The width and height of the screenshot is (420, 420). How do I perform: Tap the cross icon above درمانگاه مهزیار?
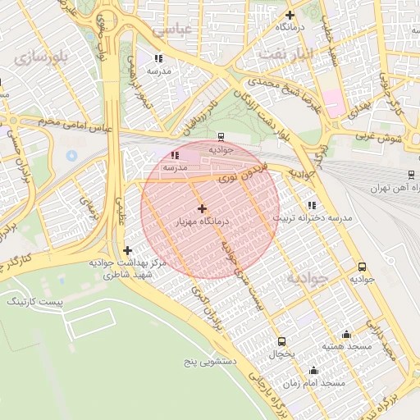tap(203, 208)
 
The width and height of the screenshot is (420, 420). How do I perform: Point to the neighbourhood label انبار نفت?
tap(286, 53)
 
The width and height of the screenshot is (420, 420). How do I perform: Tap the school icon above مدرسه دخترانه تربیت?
tap(310, 205)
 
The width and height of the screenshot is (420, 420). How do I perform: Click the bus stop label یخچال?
tap(281, 354)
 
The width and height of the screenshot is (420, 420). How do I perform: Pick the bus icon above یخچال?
tap(281, 341)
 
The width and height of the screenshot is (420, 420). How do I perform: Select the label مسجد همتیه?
tap(347, 347)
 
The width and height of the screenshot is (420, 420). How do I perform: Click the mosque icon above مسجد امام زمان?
tap(312, 370)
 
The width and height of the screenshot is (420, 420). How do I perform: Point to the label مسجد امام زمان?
tap(322, 383)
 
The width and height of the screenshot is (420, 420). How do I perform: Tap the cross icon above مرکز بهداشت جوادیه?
tap(126, 250)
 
